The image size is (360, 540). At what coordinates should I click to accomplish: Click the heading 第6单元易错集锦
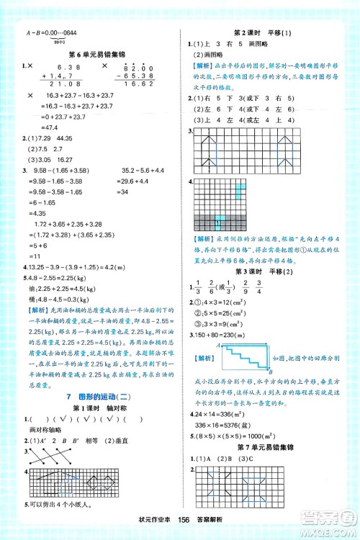coord(94,54)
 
